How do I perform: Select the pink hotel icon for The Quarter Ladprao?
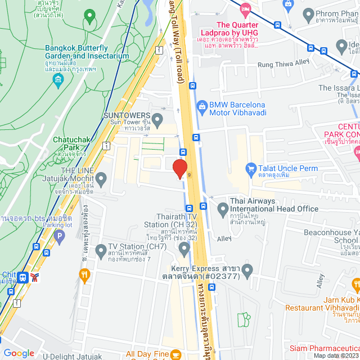[245, 9]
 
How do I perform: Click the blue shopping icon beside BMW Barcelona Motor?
[201, 105]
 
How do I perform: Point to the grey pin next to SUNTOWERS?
[158, 119]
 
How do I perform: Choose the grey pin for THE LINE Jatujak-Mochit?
[101, 180]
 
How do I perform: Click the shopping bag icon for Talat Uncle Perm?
[251, 168]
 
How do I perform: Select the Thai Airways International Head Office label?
[274, 205]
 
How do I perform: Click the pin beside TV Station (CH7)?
[101, 250]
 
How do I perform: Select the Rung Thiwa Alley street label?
[283, 64]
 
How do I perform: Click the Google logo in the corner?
[19, 353]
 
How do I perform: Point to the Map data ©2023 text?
[335, 355]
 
